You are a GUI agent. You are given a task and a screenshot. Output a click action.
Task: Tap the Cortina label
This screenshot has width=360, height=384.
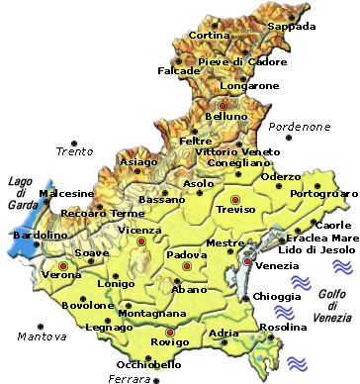[x=209, y=36]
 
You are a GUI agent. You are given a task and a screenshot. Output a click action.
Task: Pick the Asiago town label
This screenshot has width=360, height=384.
[x=137, y=161]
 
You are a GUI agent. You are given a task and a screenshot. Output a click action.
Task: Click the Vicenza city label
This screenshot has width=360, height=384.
[x=138, y=230]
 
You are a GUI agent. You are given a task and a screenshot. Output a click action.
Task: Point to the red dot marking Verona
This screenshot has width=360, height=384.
[x=63, y=266]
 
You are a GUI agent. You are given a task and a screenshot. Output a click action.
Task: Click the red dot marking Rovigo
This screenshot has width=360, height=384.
[x=170, y=332]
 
